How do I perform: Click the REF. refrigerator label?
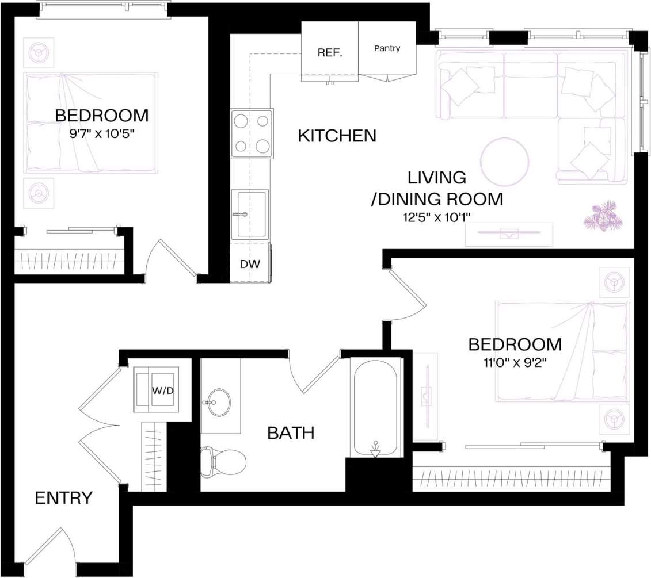click(330, 53)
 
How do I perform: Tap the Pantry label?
click(387, 48)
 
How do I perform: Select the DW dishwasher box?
click(250, 264)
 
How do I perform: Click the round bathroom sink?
click(217, 401)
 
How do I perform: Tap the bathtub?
click(375, 407)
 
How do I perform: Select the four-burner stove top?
click(252, 133)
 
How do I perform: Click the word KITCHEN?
click(337, 136)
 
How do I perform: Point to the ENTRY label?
click(63, 498)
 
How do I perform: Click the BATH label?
click(291, 432)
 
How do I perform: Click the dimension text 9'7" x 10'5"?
click(101, 133)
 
